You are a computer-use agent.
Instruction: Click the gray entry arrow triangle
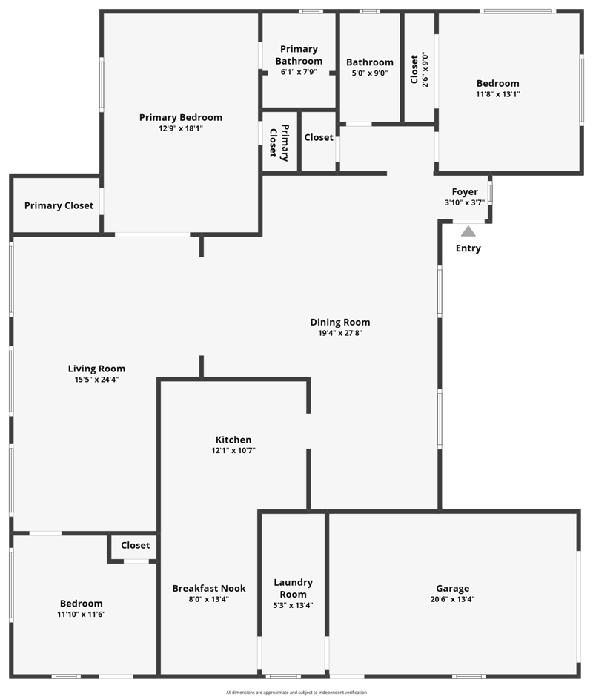coord(468,231)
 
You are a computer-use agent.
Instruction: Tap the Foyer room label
coord(465,191)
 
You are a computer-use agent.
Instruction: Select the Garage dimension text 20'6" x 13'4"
coord(452,599)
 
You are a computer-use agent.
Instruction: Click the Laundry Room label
coord(293,588)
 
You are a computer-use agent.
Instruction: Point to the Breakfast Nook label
coord(209,588)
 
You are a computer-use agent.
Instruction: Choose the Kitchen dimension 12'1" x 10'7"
coord(233,450)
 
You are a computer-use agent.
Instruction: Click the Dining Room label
coord(340,323)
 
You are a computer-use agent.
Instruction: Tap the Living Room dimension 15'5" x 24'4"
coord(96,380)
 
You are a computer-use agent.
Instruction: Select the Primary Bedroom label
coord(180,117)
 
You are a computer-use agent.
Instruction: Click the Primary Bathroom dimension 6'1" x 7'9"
coord(299,72)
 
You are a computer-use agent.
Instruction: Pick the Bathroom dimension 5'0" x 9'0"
coord(370,73)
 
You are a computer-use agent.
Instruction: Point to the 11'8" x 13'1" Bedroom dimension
coord(498,94)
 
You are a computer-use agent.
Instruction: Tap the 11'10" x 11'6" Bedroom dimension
coord(82,614)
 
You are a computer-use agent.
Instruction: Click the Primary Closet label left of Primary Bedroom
coord(59,205)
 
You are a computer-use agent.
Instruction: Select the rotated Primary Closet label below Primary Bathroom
coord(279,142)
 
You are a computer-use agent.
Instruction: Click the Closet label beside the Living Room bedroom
coord(135,545)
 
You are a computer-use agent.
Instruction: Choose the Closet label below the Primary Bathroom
coord(319,137)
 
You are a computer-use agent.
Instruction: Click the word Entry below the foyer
coord(468,248)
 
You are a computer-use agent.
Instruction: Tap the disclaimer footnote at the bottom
coord(296,692)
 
